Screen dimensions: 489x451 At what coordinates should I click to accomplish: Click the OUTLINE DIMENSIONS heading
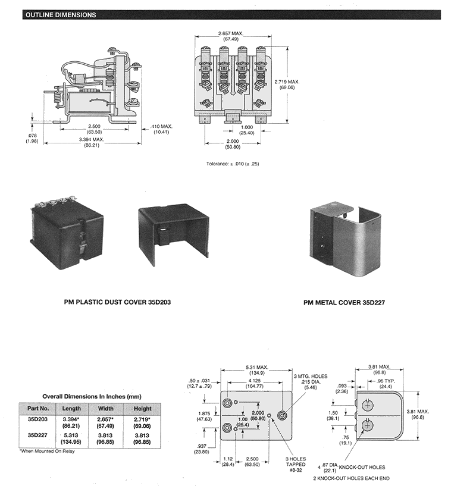60,15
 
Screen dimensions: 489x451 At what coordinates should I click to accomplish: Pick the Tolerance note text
233,164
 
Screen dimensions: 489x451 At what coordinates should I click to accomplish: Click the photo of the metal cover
343,238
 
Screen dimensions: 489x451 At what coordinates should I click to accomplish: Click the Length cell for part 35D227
71,438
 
